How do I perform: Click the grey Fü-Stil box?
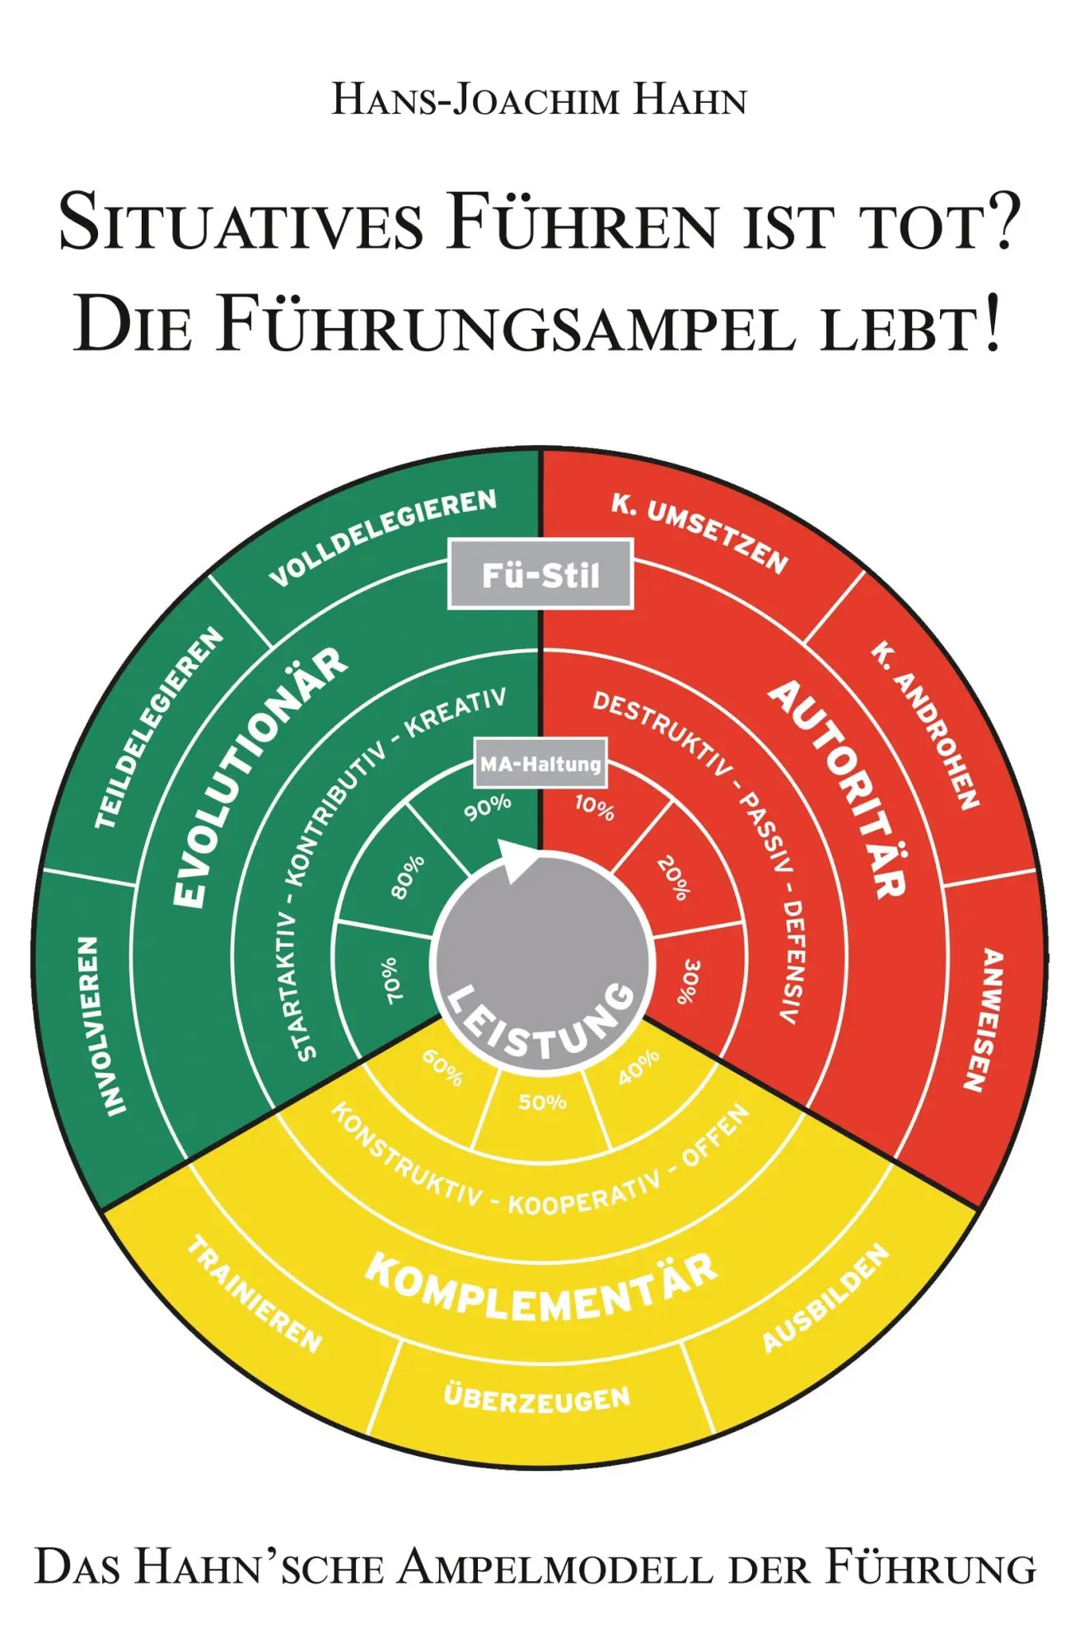[540, 574]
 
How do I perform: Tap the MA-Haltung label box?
[540, 764]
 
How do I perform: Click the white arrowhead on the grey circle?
[517, 861]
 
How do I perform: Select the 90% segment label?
[488, 808]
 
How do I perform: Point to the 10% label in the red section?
[595, 808]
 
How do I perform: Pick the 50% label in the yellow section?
[542, 1103]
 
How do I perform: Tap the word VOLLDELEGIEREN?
[384, 537]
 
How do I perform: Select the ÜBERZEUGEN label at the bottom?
[537, 1398]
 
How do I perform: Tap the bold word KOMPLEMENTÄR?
[541, 1288]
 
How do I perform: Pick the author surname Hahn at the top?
[689, 101]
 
